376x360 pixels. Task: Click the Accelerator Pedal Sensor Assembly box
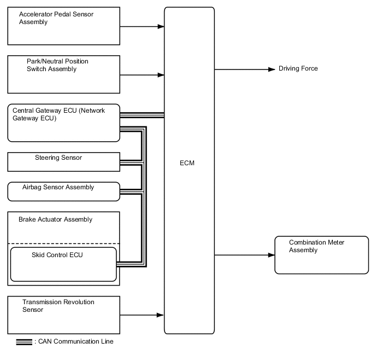(63, 26)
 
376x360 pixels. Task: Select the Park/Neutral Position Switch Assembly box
(63, 74)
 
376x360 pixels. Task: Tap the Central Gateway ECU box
(63, 123)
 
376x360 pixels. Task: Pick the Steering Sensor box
(63, 161)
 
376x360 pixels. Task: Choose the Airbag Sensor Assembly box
(63, 191)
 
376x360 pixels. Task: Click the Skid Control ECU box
(63, 264)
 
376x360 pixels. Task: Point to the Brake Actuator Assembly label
(55, 220)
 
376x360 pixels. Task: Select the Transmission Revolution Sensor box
(63, 315)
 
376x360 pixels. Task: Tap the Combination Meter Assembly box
(321, 254)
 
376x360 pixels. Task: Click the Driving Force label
(298, 69)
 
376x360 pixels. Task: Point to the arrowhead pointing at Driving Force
(271, 69)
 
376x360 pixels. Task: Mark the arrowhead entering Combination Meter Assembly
(271, 255)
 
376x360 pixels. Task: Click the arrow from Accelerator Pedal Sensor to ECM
(142, 26)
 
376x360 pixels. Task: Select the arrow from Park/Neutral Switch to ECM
(142, 74)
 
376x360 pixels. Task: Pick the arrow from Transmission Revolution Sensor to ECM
(142, 315)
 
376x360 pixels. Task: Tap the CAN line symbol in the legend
(23, 341)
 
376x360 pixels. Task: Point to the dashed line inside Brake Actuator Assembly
(63, 243)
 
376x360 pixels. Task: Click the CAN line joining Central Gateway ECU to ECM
(142, 115)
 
